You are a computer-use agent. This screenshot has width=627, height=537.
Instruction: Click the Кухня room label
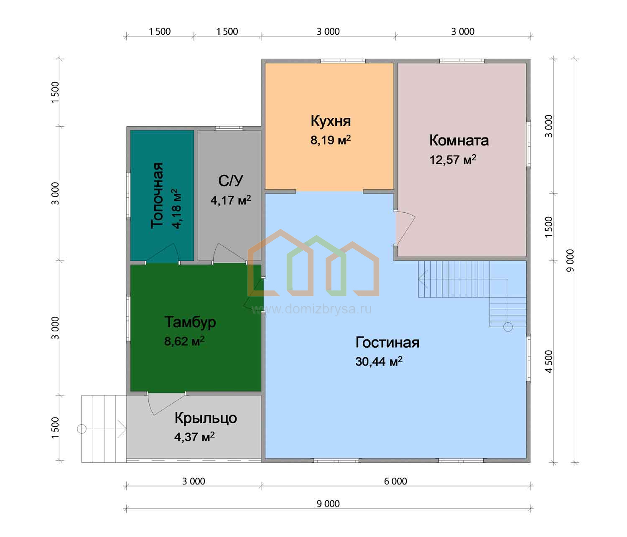click(x=331, y=121)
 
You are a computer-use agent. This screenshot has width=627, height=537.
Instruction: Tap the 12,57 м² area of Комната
click(x=453, y=160)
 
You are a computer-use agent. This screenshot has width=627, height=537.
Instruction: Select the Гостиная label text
click(x=387, y=343)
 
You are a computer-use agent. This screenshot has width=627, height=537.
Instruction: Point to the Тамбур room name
click(x=190, y=322)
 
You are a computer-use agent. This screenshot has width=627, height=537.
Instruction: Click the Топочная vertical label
click(x=158, y=195)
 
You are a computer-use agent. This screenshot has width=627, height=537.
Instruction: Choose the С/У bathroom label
click(x=231, y=181)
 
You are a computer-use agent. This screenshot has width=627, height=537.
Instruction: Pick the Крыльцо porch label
click(x=206, y=418)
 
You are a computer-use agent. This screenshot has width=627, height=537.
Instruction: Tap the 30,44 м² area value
click(x=379, y=361)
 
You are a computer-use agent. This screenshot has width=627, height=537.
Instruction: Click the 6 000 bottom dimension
click(x=395, y=481)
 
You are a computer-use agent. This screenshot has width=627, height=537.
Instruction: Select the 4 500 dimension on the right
click(x=549, y=361)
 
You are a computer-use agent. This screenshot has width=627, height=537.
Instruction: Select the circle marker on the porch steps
click(x=82, y=429)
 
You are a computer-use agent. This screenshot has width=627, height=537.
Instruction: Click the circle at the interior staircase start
click(x=508, y=327)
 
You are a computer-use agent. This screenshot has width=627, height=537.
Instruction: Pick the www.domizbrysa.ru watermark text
click(x=311, y=309)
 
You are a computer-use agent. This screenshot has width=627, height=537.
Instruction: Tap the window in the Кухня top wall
click(x=343, y=61)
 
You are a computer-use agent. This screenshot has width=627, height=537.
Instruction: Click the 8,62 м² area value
click(x=184, y=341)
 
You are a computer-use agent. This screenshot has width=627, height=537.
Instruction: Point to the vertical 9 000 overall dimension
click(x=570, y=260)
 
